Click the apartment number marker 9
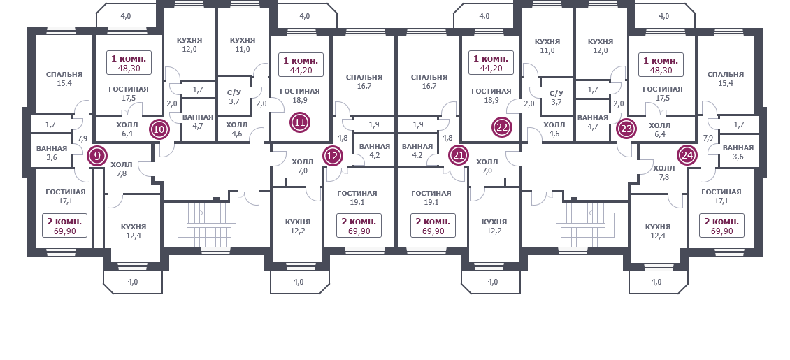pyautogui.click(x=97, y=156)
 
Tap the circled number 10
pyautogui.click(x=159, y=129)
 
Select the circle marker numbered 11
pyautogui.click(x=301, y=122)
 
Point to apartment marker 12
pyautogui.click(x=333, y=156)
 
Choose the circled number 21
pyautogui.click(x=459, y=155)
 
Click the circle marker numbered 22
pyautogui.click(x=502, y=127)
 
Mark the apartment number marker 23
pyautogui.click(x=626, y=129)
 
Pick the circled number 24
pyautogui.click(x=687, y=156)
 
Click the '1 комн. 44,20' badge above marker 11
pyautogui.click(x=301, y=65)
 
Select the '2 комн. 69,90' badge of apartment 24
pyautogui.click(x=721, y=226)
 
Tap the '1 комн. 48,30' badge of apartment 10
pyautogui.click(x=129, y=63)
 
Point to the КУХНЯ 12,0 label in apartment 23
pyautogui.click(x=601, y=46)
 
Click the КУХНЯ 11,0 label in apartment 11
pyautogui.click(x=243, y=45)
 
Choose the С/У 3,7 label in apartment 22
pyautogui.click(x=556, y=98)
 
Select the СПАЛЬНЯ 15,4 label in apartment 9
pyautogui.click(x=64, y=78)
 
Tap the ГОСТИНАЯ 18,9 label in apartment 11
pyautogui.click(x=300, y=96)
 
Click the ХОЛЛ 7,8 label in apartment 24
pyautogui.click(x=663, y=173)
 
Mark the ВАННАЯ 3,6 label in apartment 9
pyautogui.click(x=52, y=153)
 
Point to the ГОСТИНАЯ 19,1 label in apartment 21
pyautogui.click(x=431, y=197)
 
